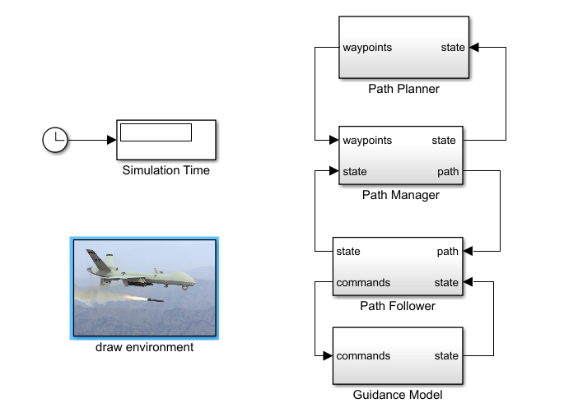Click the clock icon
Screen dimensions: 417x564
click(x=54, y=140)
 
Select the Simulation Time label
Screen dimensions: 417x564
click(x=165, y=171)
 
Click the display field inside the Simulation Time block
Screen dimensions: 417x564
click(x=156, y=132)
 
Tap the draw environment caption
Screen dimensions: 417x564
click(x=144, y=347)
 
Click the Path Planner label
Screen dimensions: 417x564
click(x=403, y=89)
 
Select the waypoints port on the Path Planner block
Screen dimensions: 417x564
click(x=367, y=47)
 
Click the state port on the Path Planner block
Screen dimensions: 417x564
click(x=453, y=47)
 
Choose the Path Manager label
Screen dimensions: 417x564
click(x=401, y=195)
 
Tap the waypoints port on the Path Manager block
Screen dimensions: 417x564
click(x=367, y=140)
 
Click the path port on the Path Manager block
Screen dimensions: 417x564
click(x=449, y=172)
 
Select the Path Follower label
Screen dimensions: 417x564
click(x=398, y=306)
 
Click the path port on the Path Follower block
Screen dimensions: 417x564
click(x=448, y=251)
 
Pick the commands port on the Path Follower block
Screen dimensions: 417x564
click(x=363, y=282)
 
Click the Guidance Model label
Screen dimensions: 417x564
click(x=398, y=395)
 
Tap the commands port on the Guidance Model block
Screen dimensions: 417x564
click(x=363, y=356)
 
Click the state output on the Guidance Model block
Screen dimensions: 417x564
click(x=446, y=356)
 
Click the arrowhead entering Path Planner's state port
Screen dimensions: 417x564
click(x=474, y=47)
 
